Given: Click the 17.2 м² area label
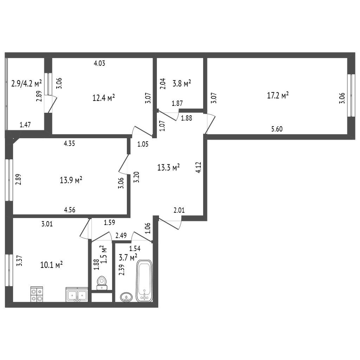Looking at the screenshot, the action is pos(278,95).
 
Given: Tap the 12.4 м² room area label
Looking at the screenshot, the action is pos(104,98).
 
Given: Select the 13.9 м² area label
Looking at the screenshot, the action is pos(71,180).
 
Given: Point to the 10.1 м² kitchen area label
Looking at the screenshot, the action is pos(51,265).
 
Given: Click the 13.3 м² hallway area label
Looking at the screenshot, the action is pos(168,167).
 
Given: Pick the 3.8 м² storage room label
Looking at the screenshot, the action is pos(182,83).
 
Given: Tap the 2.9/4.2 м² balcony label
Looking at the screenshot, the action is pos(26,84).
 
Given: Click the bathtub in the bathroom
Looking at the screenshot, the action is pos(144,281).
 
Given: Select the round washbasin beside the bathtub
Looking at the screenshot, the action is pos(126,297).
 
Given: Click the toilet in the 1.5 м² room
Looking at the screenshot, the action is pos(102,283).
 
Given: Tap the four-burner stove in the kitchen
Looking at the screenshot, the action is pos(37,294).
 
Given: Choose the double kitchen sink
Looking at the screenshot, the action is pos(77,295).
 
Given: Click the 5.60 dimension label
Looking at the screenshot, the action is pos(277,129).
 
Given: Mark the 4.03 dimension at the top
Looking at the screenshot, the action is pos(99,63).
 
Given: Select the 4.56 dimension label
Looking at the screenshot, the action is pos(70,210).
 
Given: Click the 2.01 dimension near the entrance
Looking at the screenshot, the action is pos(179,210).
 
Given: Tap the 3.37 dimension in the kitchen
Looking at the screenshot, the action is pos(20,261).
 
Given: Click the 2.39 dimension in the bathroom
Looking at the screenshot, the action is pos(121,270).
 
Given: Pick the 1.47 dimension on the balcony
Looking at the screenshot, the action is pos(25,125).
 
